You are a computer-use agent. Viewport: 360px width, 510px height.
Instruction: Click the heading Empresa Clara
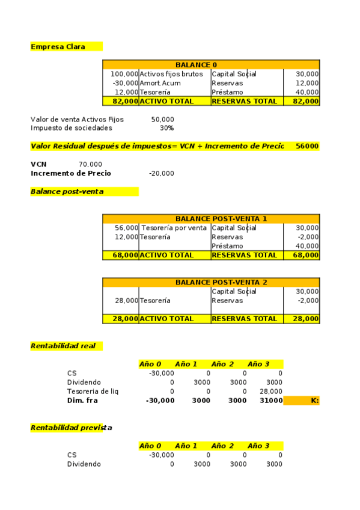[58, 46]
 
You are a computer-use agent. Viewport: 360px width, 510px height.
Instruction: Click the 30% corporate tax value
[166, 128]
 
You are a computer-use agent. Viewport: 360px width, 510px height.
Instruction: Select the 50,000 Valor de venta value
[163, 120]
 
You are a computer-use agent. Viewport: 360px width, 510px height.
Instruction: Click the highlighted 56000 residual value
[307, 146]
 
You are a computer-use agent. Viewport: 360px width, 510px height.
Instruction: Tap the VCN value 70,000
[90, 164]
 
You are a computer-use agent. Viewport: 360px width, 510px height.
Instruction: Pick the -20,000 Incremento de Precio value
[162, 173]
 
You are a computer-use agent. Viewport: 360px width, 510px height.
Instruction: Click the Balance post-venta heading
[67, 191]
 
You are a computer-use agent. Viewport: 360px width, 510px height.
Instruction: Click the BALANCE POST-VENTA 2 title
[221, 282]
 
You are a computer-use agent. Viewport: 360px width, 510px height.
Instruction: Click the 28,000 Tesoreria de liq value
[271, 392]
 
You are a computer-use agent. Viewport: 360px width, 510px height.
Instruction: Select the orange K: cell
[301, 401]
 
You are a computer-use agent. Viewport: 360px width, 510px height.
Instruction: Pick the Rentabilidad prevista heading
[71, 428]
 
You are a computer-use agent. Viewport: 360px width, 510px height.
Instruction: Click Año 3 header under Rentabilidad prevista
[258, 446]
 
